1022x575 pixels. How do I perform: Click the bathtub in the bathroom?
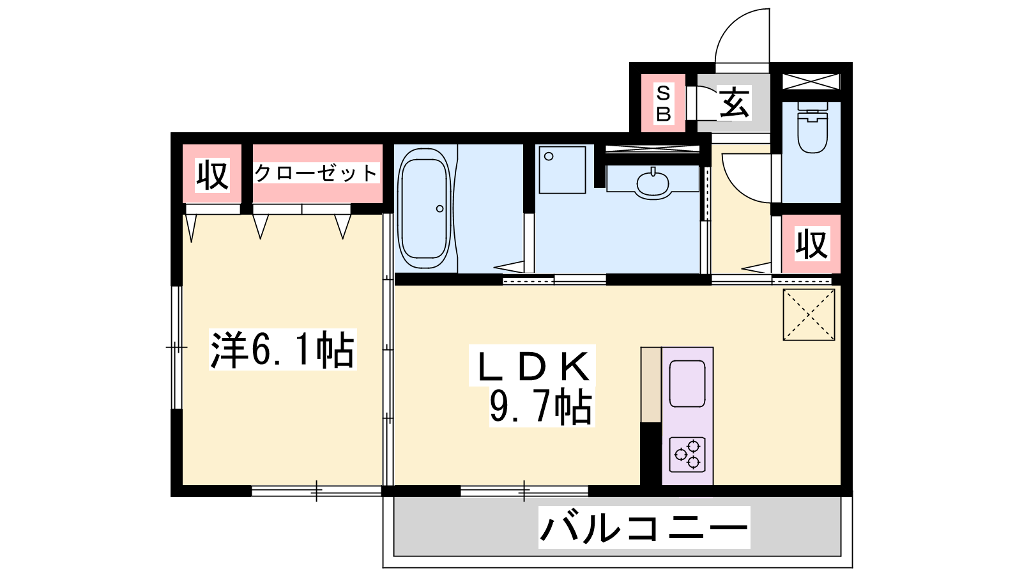[424, 208]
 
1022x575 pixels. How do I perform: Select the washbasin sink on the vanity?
[653, 183]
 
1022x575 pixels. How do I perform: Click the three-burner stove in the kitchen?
[687, 454]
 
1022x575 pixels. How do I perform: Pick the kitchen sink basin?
[687, 383]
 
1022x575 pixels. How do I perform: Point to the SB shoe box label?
[664, 103]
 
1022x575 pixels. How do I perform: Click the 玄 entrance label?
[734, 103]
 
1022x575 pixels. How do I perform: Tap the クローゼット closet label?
[316, 173]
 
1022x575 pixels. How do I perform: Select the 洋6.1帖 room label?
[282, 349]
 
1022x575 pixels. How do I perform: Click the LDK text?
[533, 367]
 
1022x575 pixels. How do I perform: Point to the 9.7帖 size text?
[541, 406]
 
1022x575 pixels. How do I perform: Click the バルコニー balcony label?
[644, 527]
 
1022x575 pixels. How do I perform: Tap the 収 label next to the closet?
[212, 175]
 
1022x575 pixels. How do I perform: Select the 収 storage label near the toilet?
[812, 245]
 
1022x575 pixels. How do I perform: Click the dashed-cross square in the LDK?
[809, 314]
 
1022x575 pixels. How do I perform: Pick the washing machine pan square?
[562, 170]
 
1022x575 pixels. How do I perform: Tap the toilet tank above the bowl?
[812, 106]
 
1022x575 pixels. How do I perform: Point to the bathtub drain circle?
[440, 208]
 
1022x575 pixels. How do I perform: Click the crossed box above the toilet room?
[811, 82]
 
